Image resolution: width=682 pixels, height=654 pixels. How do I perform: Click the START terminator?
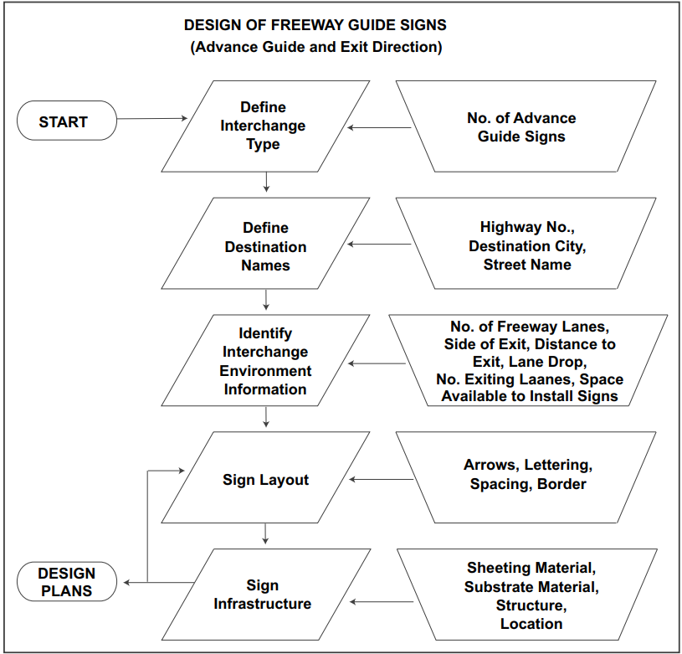(64, 121)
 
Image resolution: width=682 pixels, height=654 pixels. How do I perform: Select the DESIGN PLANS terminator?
(67, 582)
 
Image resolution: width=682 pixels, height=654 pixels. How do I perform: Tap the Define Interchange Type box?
(264, 126)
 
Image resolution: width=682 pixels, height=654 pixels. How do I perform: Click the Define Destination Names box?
(266, 246)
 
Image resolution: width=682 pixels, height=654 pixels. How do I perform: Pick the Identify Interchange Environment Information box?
(264, 361)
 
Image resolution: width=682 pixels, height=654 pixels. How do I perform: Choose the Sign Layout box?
(265, 480)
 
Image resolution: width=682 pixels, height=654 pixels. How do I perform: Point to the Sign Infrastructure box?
(263, 594)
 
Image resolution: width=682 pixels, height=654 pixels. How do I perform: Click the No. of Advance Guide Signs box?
(522, 127)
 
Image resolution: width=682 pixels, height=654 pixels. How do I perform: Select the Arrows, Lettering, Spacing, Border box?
(527, 474)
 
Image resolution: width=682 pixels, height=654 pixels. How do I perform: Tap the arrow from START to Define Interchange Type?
(151, 119)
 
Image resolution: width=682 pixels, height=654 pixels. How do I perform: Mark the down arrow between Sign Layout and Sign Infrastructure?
(265, 533)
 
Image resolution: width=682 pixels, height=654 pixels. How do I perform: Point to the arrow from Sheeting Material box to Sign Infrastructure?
(382, 601)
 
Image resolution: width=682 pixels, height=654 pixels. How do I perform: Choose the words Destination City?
(527, 246)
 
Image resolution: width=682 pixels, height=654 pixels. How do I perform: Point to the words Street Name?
(527, 265)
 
